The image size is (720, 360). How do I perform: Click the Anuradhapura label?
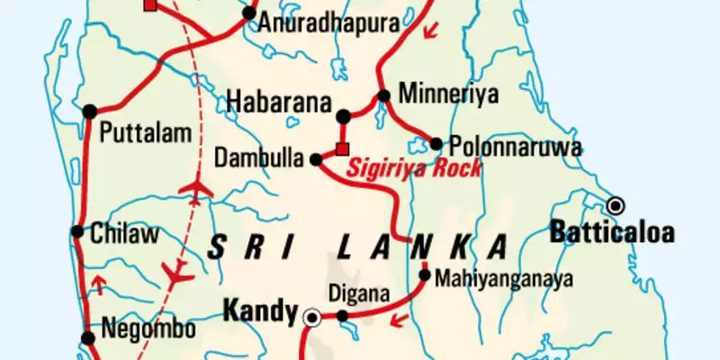pos(317,23)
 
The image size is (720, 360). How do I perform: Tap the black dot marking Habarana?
pos(342,115)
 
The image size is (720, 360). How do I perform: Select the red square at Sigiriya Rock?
pos(342,148)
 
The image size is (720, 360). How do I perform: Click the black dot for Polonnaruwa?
pos(436,143)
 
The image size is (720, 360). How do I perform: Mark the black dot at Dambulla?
pos(316,159)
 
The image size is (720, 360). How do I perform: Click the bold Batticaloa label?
pos(612,233)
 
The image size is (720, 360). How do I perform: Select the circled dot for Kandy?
pos(312,316)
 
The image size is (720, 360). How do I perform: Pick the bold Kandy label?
pos(261,312)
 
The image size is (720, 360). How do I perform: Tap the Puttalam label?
pos(146,135)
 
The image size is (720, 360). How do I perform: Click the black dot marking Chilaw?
pos(77,231)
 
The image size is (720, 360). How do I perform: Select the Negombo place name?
pos(148,329)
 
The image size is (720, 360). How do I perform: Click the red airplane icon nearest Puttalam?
pos(196,188)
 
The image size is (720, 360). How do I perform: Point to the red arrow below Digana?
pos(397,321)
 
